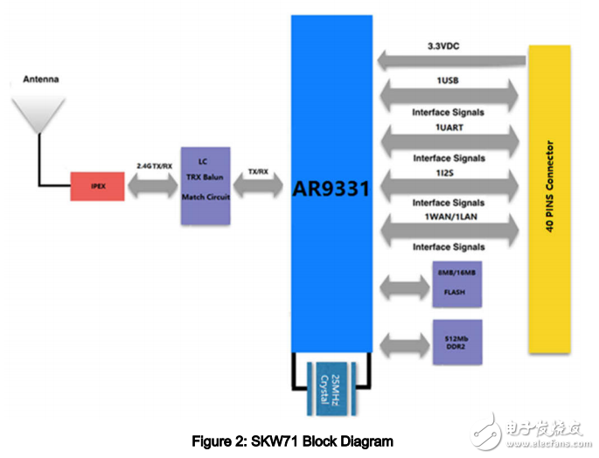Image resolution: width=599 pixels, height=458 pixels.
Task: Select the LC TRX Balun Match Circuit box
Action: coord(205,184)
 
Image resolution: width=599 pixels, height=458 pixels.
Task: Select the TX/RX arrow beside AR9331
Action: coord(258,184)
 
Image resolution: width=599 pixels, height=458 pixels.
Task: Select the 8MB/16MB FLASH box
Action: coord(457,282)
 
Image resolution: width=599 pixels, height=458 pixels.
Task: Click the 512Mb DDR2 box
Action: coord(457,342)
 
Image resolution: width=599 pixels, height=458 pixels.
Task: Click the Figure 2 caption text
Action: coord(293,441)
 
